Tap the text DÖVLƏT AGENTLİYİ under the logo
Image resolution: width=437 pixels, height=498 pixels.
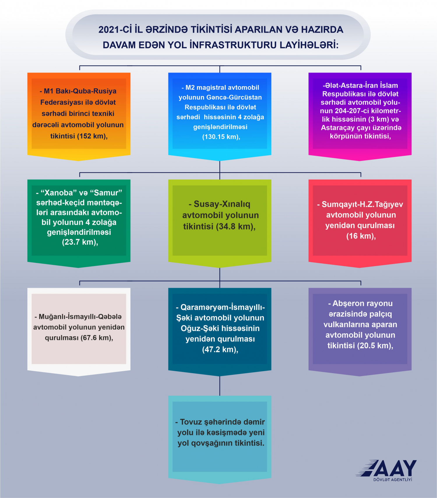393,480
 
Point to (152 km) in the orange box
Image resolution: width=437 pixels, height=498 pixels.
92,136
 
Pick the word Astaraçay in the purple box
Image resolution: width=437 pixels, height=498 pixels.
337,128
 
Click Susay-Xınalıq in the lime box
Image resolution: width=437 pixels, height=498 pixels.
222,204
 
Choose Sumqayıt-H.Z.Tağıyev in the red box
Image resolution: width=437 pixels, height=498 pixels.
362,204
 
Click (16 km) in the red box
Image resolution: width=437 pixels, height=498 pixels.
361,236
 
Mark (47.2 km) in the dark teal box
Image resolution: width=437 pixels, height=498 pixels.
220,350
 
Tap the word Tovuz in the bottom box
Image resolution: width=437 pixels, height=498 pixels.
191,422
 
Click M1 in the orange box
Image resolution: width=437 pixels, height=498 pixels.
49,91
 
